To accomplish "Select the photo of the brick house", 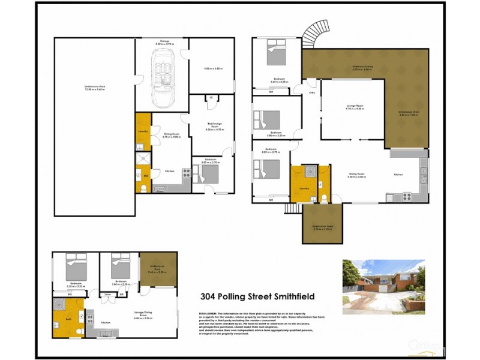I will point(383,287).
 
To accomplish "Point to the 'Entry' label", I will point(312,93).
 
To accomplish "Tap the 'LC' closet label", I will point(211,98).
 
